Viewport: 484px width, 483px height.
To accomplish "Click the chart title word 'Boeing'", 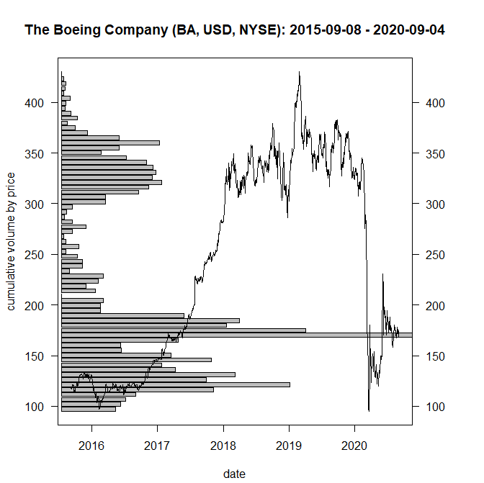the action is (x=77, y=30).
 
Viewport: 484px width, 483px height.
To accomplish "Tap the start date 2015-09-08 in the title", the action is (x=326, y=30).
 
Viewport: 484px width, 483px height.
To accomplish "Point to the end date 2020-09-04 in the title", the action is (x=409, y=30).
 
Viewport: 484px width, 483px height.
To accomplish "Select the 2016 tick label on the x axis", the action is (x=91, y=446).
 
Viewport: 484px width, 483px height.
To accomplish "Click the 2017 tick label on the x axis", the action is (x=157, y=446).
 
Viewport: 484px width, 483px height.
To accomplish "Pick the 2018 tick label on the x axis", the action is (x=223, y=446).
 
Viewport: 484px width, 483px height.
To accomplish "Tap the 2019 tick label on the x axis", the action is (x=289, y=446).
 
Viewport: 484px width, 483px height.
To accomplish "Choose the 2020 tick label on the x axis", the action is (x=354, y=446).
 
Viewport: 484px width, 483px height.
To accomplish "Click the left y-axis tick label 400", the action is (x=35, y=103).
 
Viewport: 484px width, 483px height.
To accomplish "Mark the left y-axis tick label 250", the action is (x=35, y=255).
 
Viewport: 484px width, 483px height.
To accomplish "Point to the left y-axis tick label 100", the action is (x=35, y=407).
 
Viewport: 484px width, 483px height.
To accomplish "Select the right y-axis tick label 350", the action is (x=435, y=153).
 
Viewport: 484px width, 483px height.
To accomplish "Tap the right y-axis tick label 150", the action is (x=435, y=356).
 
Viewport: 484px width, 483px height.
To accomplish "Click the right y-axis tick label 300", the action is (x=435, y=204).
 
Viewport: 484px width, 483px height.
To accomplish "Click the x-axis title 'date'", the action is (x=235, y=474).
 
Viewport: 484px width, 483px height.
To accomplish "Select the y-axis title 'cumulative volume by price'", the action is (x=11, y=242).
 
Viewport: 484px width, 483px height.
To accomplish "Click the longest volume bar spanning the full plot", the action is (x=237, y=335).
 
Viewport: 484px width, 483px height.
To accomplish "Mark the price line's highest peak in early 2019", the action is (x=299, y=72).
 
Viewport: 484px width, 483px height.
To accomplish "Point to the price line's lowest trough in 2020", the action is (x=369, y=411).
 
